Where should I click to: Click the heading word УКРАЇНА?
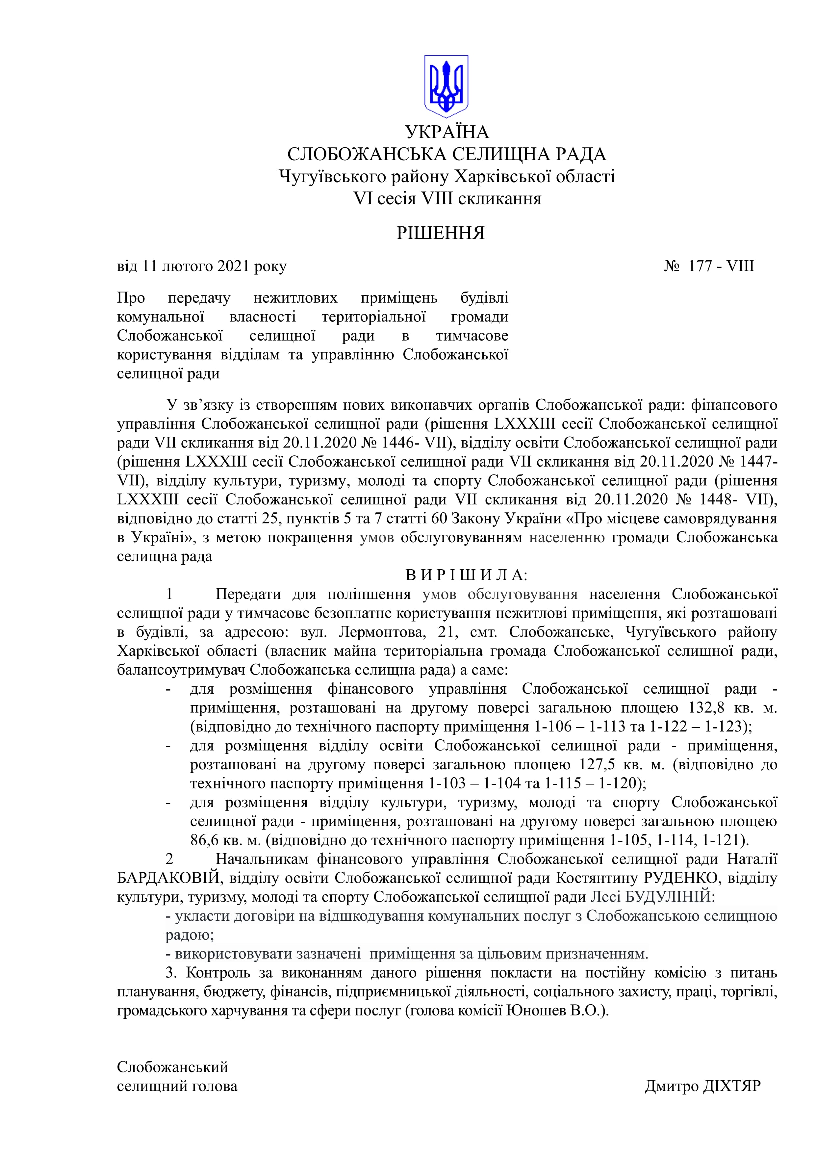pyautogui.click(x=447, y=132)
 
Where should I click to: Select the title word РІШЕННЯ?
pyautogui.click(x=440, y=233)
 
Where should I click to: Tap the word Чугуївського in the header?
pyautogui.click(x=327, y=176)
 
